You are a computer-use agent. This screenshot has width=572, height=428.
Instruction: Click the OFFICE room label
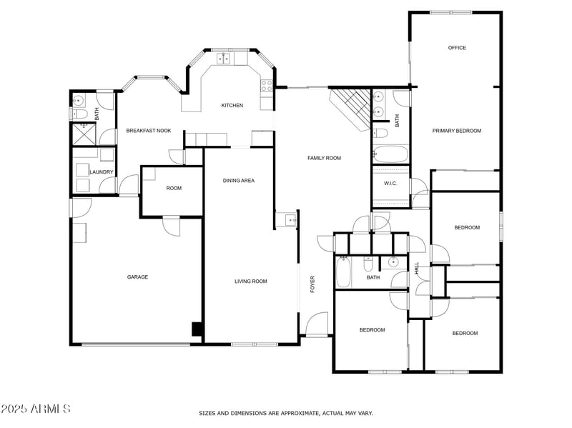point(457,48)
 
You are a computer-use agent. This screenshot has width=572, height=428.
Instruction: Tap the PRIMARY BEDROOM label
point(456,131)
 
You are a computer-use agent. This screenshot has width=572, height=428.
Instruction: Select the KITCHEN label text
point(232,105)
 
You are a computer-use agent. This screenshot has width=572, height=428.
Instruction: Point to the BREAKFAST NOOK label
point(149,131)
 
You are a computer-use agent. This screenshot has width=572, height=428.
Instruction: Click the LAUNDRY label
point(100,172)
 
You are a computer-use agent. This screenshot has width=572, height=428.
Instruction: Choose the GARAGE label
point(137,277)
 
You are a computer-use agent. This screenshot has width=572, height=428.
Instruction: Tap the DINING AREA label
point(239,181)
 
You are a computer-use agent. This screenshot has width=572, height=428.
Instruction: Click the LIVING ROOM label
point(250,282)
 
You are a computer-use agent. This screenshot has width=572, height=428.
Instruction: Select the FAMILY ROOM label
point(324,158)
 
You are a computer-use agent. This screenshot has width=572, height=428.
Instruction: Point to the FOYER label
point(312,284)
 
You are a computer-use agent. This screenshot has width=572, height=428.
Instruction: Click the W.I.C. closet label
point(390,184)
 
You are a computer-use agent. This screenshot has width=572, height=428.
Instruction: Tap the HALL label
point(418,268)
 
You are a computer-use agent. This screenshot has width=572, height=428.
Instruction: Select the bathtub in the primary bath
point(390,154)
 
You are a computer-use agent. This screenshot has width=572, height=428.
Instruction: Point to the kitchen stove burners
point(267,86)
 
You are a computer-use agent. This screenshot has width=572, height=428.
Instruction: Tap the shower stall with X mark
point(84,134)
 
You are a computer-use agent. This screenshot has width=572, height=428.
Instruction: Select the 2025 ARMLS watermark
point(35,409)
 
